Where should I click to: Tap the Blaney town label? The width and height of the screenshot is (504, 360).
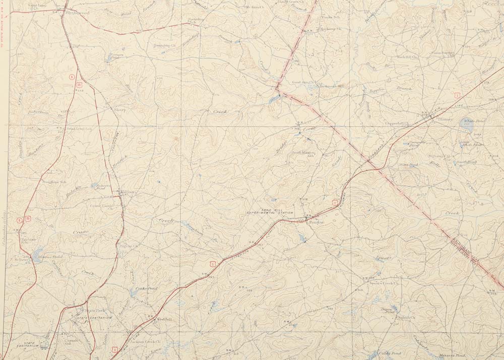[x=445, y=119]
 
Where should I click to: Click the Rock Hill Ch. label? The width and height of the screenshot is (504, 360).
[x=408, y=57]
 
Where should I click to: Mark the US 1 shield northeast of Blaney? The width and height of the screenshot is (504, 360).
[x=457, y=95]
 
